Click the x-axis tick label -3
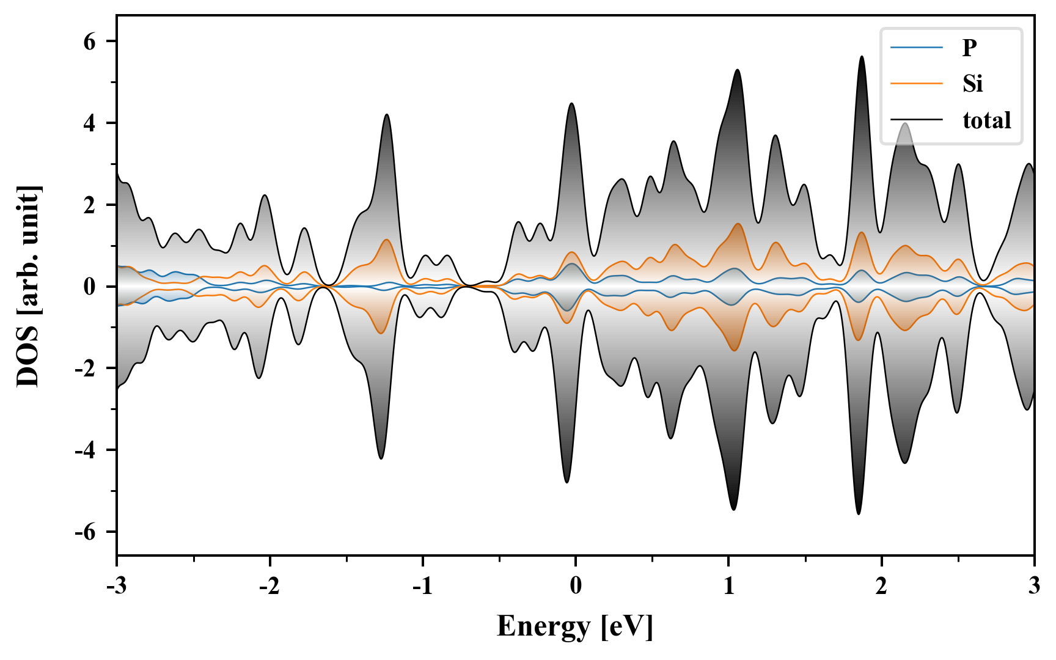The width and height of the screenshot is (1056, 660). point(116,586)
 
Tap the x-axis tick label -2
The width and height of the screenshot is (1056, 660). point(269,586)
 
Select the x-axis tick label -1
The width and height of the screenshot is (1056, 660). point(422,586)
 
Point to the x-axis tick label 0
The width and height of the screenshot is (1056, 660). point(576,586)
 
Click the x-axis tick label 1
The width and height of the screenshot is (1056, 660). point(728,586)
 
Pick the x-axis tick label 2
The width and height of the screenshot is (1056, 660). point(881,586)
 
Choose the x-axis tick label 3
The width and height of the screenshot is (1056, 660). point(1034,586)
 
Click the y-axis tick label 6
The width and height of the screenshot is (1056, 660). point(90,42)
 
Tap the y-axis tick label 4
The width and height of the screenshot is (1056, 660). point(90,123)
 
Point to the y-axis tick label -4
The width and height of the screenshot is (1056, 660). point(86,450)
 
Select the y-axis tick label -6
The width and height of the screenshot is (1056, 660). point(86,532)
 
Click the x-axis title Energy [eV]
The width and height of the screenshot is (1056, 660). point(575,626)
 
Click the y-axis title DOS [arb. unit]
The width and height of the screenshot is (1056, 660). point(28,286)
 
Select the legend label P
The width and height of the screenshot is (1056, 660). point(969,47)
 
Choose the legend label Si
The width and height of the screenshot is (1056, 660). point(972,83)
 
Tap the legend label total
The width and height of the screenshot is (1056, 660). point(987,120)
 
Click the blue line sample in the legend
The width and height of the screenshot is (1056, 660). point(916,47)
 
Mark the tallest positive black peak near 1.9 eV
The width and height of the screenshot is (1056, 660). point(862,57)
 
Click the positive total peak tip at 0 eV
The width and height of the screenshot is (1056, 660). point(571,103)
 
